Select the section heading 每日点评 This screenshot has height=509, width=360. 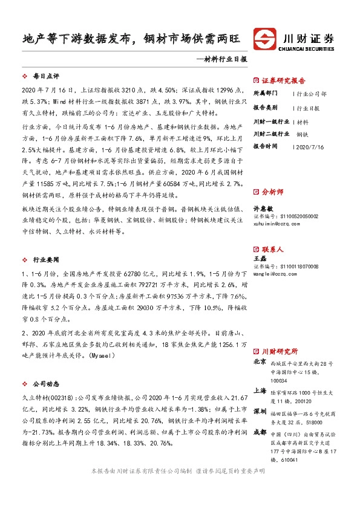(45, 77)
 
